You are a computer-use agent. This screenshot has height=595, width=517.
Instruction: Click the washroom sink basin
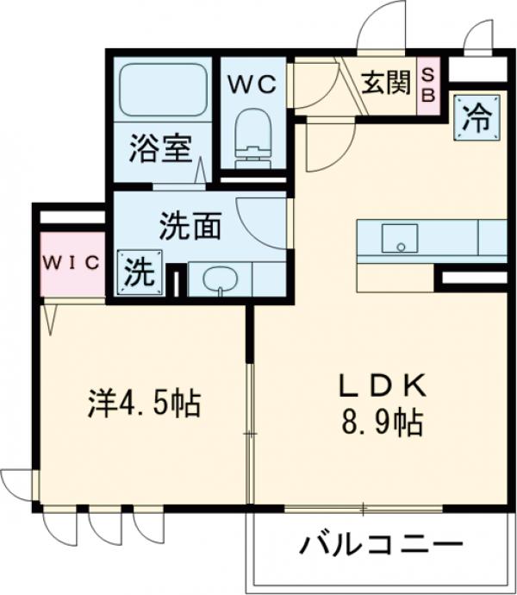point(221,279)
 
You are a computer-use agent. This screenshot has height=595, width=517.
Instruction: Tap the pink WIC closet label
point(72,262)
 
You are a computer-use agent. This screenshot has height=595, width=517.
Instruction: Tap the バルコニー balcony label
point(382,545)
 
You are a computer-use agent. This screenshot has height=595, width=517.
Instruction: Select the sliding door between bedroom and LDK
point(250,431)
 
